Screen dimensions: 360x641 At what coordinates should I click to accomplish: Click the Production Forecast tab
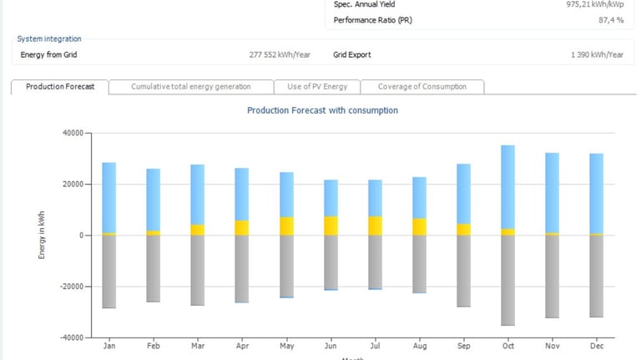(x=59, y=87)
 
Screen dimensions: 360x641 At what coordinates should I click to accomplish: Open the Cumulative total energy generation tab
(x=190, y=87)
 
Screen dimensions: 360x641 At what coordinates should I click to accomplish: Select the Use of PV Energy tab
(x=317, y=87)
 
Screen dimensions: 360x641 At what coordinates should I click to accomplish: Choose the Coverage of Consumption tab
(x=423, y=87)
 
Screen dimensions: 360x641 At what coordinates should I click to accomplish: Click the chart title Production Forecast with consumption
(x=322, y=110)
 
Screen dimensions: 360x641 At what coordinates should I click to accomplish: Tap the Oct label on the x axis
(x=507, y=346)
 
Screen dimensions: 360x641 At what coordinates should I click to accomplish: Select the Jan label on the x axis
(x=109, y=346)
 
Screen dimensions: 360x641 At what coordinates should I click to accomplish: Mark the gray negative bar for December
(x=597, y=276)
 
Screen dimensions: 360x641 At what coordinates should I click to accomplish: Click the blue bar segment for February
(x=153, y=200)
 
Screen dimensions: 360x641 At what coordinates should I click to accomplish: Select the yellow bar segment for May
(x=286, y=226)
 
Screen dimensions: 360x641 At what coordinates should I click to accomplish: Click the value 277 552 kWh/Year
(x=280, y=55)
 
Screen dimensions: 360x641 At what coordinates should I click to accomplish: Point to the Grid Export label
(x=352, y=55)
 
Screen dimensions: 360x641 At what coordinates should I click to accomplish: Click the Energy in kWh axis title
(x=42, y=235)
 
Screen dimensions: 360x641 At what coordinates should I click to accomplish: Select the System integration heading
(x=49, y=39)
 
